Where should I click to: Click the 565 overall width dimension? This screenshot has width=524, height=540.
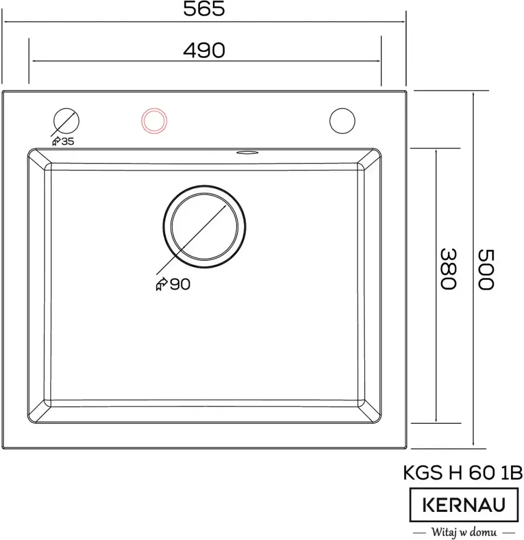pos(204,9)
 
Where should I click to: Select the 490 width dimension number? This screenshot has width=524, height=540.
pos(204,50)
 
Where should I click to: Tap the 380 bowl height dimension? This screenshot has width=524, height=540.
pos(448,268)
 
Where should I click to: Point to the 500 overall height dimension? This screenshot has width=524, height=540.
pos(485,268)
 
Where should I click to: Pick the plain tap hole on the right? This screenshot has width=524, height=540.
pos(342,120)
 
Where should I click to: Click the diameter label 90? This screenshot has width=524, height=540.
pos(180,285)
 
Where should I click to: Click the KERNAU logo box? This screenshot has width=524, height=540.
pos(463,505)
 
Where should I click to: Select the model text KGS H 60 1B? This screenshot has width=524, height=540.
pos(463,473)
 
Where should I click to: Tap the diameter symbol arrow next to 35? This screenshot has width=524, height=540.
pos(56,141)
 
